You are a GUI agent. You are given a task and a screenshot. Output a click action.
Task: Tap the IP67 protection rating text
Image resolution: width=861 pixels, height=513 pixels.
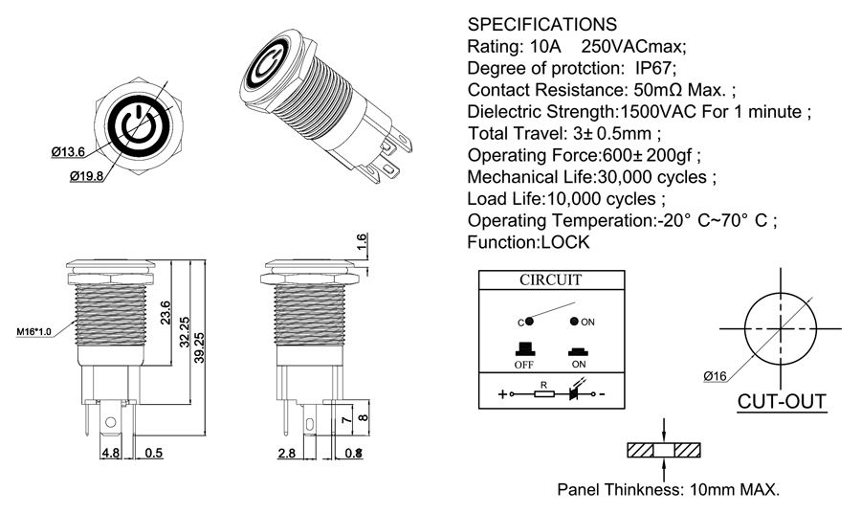(655, 68)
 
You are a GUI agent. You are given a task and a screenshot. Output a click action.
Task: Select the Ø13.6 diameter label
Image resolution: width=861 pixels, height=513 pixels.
(68, 151)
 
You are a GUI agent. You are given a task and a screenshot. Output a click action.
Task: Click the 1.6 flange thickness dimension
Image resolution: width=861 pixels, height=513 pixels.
(362, 242)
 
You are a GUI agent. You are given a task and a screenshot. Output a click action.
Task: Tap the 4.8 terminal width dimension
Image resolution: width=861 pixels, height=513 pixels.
(110, 453)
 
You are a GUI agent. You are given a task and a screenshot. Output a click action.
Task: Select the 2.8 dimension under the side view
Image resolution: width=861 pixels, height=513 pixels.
(285, 453)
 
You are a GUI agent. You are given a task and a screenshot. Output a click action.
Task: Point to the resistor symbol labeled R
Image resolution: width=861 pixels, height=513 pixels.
(543, 393)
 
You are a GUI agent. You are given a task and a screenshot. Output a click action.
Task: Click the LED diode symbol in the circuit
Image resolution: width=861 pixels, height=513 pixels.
(577, 392)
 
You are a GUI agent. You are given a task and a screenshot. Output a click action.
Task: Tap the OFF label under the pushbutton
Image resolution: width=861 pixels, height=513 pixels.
(523, 364)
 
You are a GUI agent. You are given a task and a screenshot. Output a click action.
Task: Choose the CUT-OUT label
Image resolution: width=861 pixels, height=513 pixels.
(782, 400)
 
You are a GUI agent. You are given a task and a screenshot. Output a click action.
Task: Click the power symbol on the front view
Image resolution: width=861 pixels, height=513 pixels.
(141, 124)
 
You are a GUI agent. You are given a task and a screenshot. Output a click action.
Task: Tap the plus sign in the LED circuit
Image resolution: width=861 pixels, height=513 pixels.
(502, 393)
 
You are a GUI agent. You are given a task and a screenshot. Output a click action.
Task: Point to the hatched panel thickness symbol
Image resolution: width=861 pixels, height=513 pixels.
(664, 450)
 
